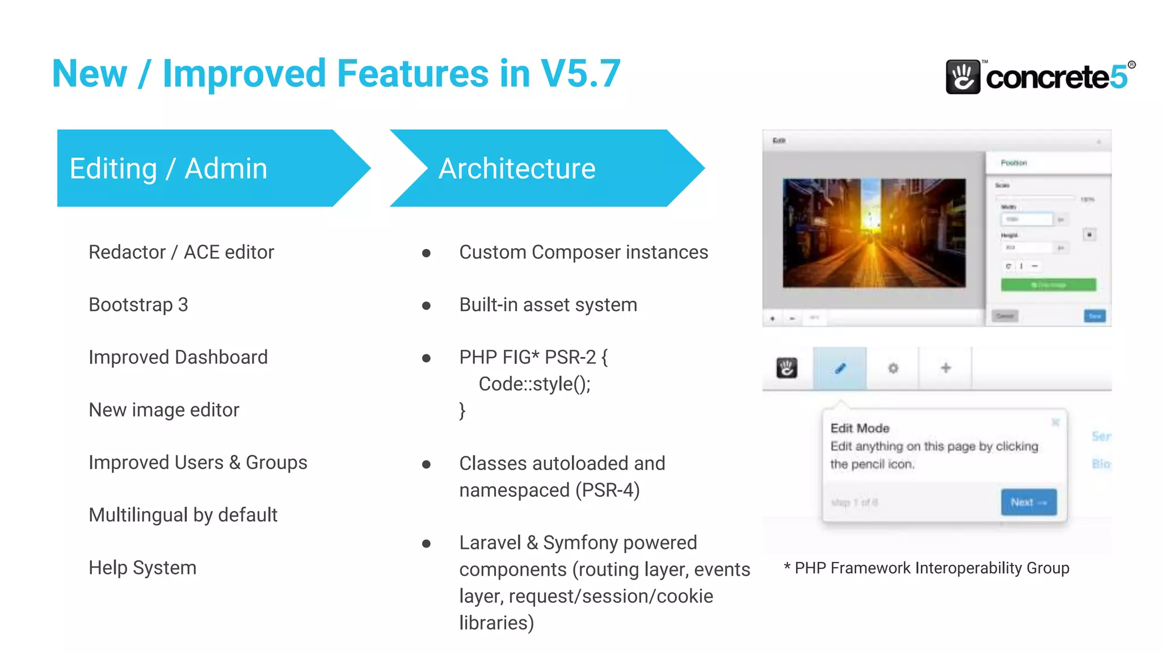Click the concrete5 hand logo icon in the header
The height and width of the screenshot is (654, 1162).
click(x=963, y=77)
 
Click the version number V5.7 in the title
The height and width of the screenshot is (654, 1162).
click(x=580, y=74)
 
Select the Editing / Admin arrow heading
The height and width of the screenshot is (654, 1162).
click(x=199, y=169)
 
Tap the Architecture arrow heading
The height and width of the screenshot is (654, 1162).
click(x=533, y=169)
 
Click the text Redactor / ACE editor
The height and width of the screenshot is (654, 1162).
click(x=181, y=252)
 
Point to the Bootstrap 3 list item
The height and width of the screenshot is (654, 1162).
click(x=138, y=305)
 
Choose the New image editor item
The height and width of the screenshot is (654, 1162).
click(x=164, y=410)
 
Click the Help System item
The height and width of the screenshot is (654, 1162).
click(x=142, y=568)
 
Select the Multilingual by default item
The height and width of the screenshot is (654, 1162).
click(x=183, y=515)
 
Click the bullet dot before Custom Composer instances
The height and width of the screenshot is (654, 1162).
click(x=426, y=253)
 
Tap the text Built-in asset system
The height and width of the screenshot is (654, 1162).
click(x=548, y=305)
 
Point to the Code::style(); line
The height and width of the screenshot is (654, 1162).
click(x=534, y=384)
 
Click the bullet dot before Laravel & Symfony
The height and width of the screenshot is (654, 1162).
click(x=426, y=544)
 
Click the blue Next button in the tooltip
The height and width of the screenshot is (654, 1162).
click(x=1028, y=502)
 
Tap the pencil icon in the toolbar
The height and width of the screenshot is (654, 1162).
click(x=840, y=368)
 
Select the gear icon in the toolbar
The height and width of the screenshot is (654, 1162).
click(x=893, y=368)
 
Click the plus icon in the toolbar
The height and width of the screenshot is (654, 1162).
click(x=945, y=368)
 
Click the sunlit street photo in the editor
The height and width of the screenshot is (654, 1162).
click(x=874, y=233)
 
